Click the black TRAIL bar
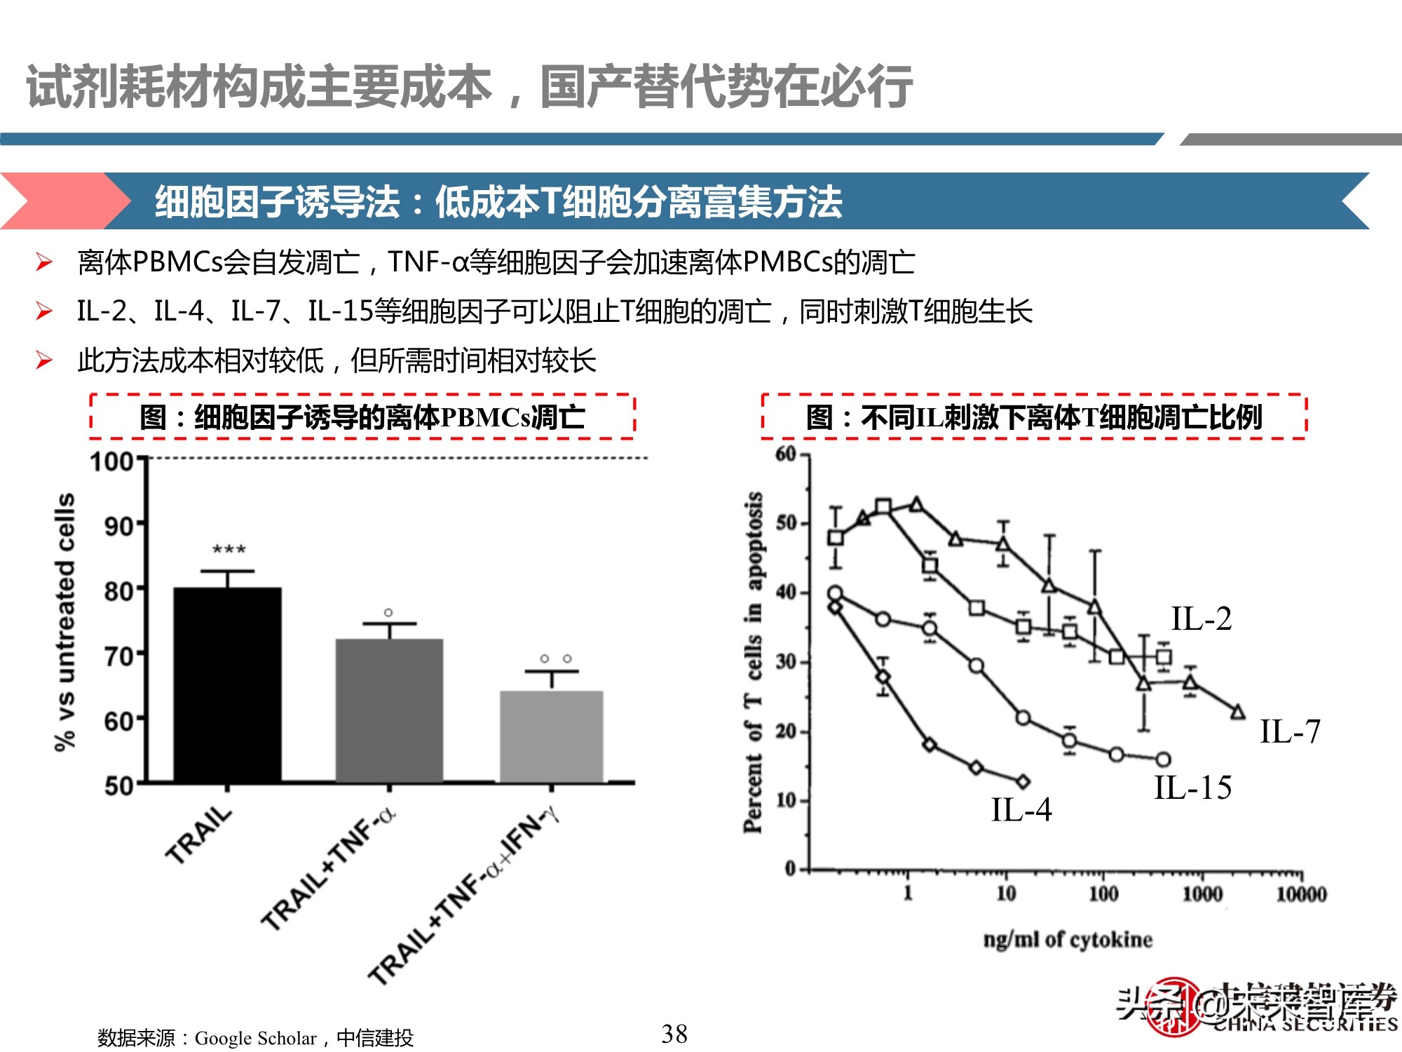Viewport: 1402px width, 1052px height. click(x=227, y=684)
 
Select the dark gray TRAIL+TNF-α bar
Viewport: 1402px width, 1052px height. click(x=389, y=710)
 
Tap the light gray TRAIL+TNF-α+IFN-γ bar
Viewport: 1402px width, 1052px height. click(x=551, y=736)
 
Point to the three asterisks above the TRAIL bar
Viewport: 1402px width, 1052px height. click(x=229, y=550)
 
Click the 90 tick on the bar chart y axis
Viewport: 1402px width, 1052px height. click(x=118, y=526)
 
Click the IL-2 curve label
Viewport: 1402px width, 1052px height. click(x=1201, y=619)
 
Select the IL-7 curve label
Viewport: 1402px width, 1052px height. click(x=1290, y=731)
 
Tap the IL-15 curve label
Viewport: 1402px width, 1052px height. click(x=1192, y=788)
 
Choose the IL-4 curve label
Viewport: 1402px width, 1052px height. click(x=1021, y=810)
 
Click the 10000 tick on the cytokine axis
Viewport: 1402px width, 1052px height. click(x=1301, y=894)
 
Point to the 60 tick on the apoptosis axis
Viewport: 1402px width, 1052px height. click(x=787, y=454)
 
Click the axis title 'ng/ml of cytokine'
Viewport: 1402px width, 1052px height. click(x=1067, y=939)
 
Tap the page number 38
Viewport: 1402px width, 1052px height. click(x=674, y=1034)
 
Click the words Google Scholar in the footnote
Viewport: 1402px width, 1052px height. click(x=255, y=1038)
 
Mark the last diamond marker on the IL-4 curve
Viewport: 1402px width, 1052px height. click(x=1023, y=781)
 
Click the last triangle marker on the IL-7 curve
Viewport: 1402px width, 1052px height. click(x=1238, y=712)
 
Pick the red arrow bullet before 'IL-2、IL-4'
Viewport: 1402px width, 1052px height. click(x=44, y=311)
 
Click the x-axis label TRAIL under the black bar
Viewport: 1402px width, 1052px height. click(x=199, y=835)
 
